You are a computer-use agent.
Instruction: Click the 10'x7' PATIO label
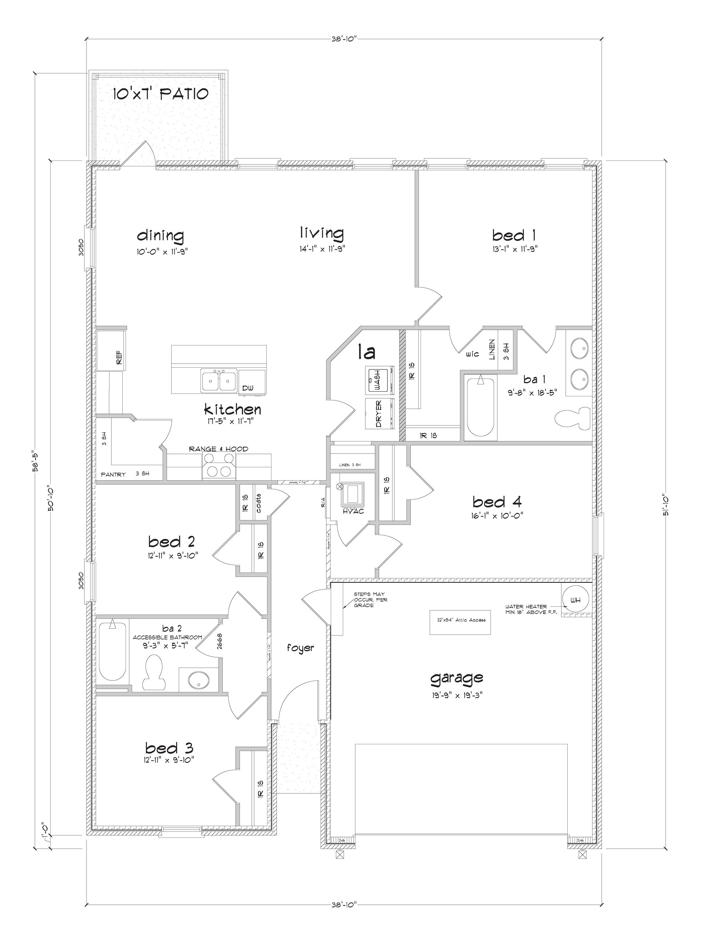160,94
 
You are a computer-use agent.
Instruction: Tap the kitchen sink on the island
219,380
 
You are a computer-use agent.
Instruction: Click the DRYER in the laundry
380,413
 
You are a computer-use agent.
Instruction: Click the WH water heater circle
575,601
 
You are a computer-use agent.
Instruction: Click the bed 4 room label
497,502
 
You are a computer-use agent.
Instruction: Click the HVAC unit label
353,511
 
